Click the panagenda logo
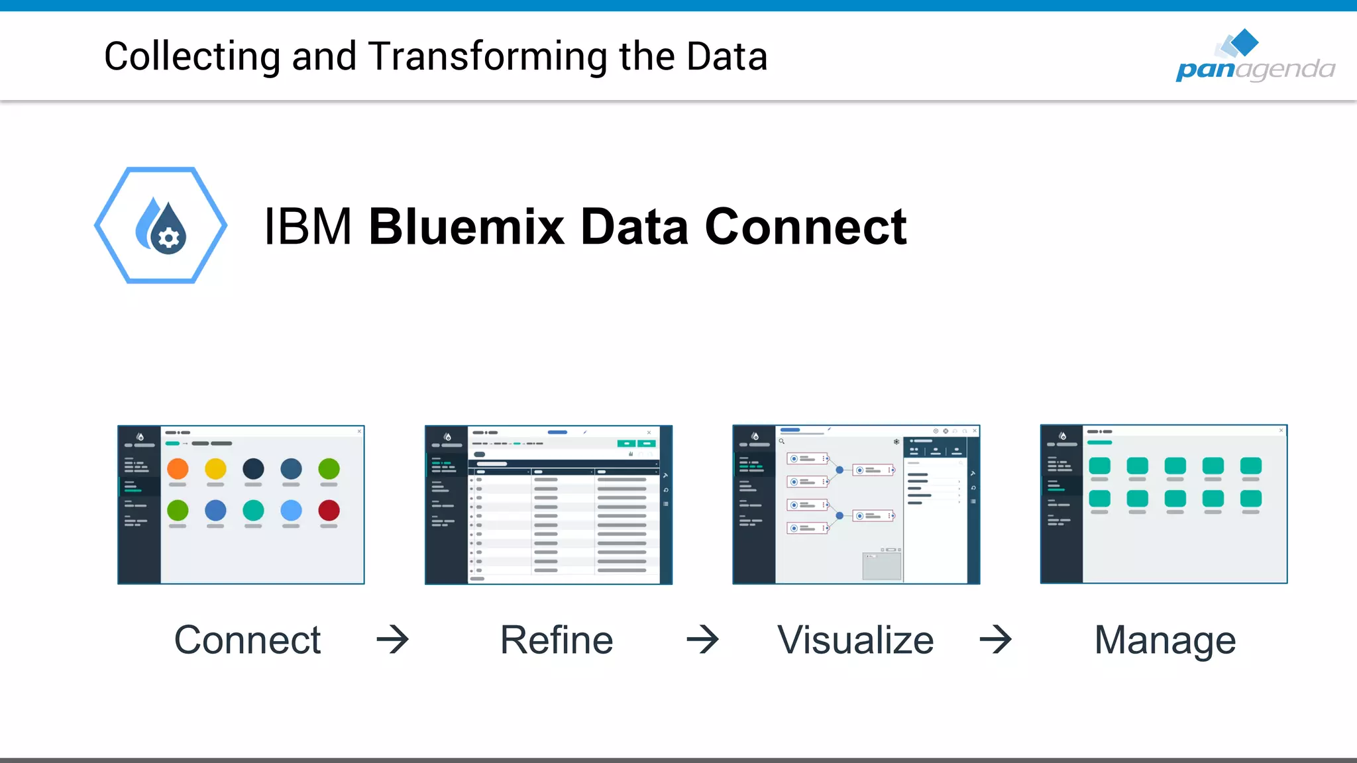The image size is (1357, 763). pyautogui.click(x=1254, y=57)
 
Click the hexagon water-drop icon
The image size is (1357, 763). pyautogui.click(x=161, y=225)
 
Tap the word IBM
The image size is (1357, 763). pyautogui.click(x=307, y=227)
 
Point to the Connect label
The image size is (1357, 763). pyautogui.click(x=247, y=640)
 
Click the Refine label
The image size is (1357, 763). pyautogui.click(x=557, y=640)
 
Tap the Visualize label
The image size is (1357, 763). pyautogui.click(x=855, y=640)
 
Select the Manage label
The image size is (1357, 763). pyautogui.click(x=1165, y=640)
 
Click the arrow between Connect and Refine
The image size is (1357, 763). pyautogui.click(x=393, y=640)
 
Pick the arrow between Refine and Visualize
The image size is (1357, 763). pyautogui.click(x=703, y=640)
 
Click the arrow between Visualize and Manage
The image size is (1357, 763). pyautogui.click(x=996, y=640)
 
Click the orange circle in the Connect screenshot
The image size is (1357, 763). pyautogui.click(x=178, y=469)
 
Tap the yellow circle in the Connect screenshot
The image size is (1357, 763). pyautogui.click(x=215, y=469)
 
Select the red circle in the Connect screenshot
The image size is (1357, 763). pyautogui.click(x=329, y=510)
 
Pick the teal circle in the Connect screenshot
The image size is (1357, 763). pyautogui.click(x=253, y=510)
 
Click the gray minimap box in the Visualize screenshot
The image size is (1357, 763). pyautogui.click(x=882, y=566)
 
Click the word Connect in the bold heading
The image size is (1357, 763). pyautogui.click(x=806, y=227)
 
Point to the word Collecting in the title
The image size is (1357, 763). pyautogui.click(x=192, y=57)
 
